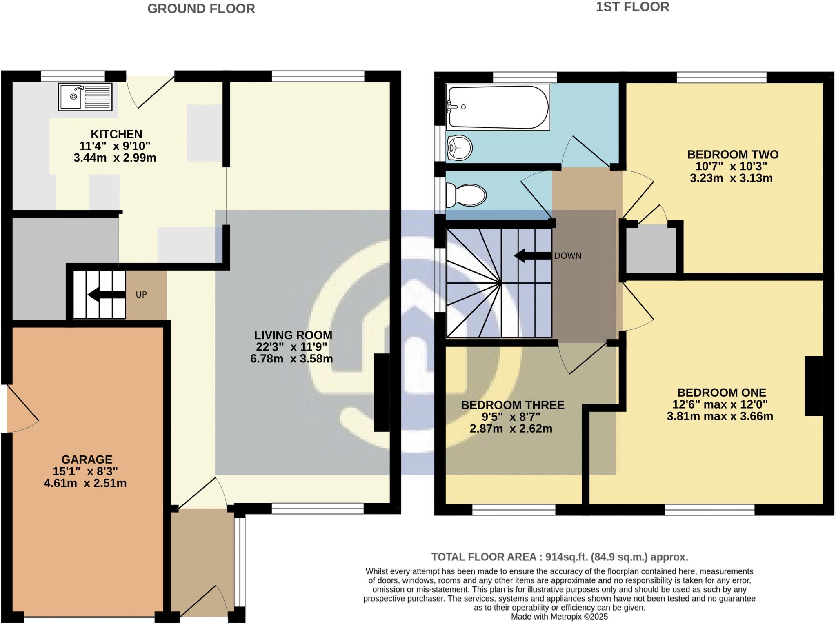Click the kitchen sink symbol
(x=85, y=97)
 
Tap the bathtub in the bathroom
(x=498, y=107)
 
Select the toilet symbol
(x=466, y=195)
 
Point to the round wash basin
(x=460, y=147)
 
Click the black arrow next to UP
(x=106, y=294)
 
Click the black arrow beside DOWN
(x=532, y=256)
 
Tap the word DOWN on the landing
(x=567, y=256)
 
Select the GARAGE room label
(x=87, y=460)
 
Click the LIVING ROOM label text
(x=293, y=335)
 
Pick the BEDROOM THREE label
(x=512, y=405)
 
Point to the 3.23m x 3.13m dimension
(x=731, y=178)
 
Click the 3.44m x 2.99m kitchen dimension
(x=115, y=158)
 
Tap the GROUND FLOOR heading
(x=201, y=9)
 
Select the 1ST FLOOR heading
(x=632, y=7)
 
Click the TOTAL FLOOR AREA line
(x=559, y=557)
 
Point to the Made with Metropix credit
(x=559, y=617)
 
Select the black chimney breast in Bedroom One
(x=813, y=386)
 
